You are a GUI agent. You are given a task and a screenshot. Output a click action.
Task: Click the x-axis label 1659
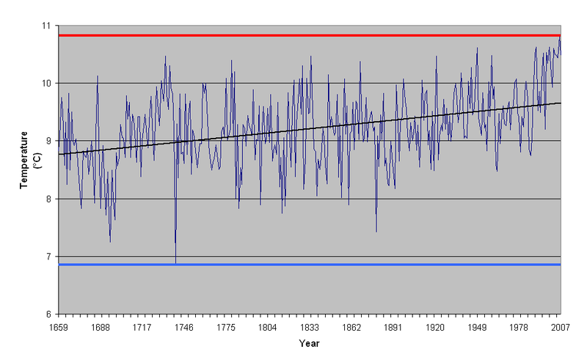pos(58,327)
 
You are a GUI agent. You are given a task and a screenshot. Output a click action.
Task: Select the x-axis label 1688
pos(100,327)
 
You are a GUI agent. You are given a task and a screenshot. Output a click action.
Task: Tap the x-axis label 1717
pos(142,327)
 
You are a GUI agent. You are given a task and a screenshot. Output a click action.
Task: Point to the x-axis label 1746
pos(183,327)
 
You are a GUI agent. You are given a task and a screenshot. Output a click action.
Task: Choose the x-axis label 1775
pos(225,327)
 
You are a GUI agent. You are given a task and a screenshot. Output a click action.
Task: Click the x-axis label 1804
pos(267,327)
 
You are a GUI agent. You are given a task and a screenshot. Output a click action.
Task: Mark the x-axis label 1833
pos(309,327)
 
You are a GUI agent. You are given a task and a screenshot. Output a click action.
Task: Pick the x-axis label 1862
pos(351,327)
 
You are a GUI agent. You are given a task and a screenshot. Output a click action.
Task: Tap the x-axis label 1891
pos(393,327)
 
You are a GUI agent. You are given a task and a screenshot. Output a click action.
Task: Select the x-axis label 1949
pos(476,327)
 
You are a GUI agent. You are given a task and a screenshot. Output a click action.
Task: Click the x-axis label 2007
pos(560,327)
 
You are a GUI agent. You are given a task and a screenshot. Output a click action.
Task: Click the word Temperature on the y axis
pos(24,160)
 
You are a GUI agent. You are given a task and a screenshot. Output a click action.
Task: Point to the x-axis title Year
pos(309,343)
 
